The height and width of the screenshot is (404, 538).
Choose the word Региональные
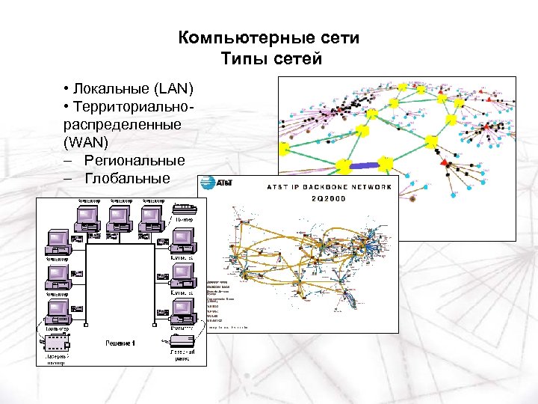click(x=134, y=161)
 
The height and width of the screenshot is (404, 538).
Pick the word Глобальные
click(x=127, y=179)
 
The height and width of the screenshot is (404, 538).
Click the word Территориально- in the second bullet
click(x=134, y=108)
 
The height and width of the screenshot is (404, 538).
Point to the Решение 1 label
click(x=119, y=343)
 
